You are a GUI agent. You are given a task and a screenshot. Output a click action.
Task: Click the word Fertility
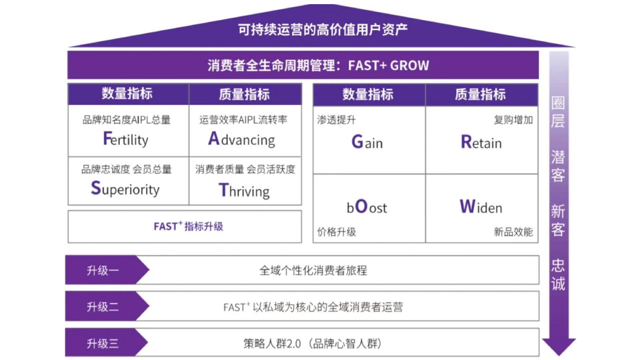(125, 139)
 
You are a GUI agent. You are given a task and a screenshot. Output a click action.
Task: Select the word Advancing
(242, 139)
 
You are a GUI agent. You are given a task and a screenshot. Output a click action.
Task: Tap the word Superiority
(125, 189)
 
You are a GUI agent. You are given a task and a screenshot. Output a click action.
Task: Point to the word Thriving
(244, 190)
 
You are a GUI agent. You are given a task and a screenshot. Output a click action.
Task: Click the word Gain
(367, 142)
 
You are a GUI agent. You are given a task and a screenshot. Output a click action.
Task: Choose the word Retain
(481, 142)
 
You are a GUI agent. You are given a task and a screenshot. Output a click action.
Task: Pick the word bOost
(367, 208)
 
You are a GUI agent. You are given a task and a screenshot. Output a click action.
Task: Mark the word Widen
(481, 207)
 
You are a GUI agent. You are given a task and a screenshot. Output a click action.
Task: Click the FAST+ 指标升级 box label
(188, 226)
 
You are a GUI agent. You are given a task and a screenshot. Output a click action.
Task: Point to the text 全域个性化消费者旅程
(313, 270)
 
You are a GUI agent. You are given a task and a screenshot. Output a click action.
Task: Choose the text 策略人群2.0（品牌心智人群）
(313, 343)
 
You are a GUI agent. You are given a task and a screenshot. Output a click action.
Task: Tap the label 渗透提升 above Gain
(337, 120)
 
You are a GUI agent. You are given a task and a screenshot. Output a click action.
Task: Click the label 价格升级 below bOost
(337, 232)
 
